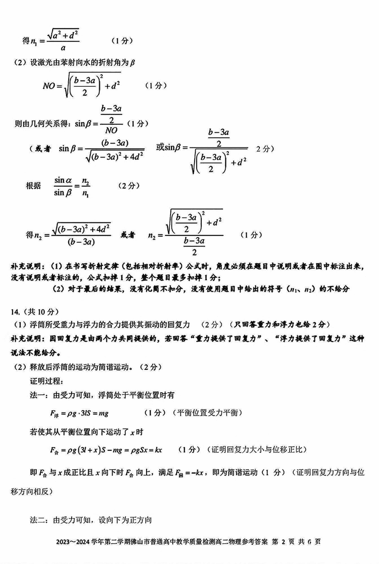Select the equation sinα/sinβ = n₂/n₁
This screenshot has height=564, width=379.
coord(72,186)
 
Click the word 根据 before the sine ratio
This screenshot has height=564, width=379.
coord(34,186)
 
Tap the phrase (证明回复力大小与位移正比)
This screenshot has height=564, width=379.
coord(257,450)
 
